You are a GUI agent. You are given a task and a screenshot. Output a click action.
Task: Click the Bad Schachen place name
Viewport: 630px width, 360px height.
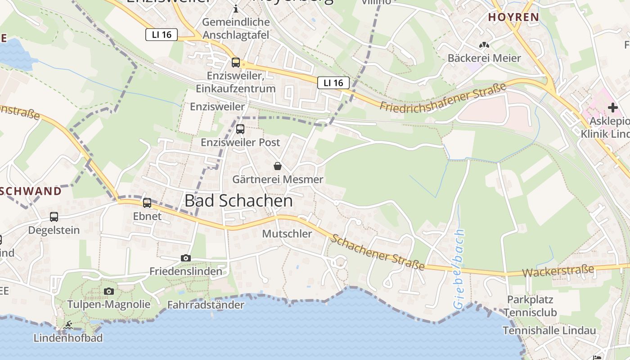[238, 201]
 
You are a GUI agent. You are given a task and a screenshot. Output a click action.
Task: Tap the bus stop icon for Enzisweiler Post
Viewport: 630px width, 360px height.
[240, 129]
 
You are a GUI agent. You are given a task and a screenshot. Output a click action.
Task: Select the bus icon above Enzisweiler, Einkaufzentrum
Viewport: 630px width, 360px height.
[236, 63]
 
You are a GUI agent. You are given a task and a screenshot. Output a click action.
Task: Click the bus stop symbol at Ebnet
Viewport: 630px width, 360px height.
[147, 203]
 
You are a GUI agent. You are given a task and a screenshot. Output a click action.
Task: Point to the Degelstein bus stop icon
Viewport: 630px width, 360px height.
[54, 217]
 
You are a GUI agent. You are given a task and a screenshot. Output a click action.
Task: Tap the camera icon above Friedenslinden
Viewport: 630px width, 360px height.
[185, 258]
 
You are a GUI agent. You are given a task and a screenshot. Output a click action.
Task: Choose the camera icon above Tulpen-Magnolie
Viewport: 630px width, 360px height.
[109, 291]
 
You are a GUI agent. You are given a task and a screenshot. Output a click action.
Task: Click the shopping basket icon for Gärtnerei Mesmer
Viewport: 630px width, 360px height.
[278, 166]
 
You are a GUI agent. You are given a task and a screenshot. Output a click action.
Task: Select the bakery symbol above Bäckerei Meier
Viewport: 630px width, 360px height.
[484, 45]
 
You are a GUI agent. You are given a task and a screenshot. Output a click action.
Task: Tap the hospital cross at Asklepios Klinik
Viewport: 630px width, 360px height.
[612, 108]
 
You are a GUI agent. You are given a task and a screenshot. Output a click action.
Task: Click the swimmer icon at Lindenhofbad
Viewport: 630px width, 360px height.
[68, 325]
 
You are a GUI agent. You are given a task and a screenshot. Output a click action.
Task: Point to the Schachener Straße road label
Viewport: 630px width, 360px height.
[378, 252]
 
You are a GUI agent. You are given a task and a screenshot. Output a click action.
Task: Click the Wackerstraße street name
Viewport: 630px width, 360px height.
[558, 271]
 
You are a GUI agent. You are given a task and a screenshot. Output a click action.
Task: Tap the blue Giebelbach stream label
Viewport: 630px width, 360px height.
[459, 269]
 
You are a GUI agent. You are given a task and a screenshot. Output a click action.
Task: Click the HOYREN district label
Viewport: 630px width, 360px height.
[513, 17]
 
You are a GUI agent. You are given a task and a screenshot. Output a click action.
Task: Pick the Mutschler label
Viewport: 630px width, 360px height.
[287, 234]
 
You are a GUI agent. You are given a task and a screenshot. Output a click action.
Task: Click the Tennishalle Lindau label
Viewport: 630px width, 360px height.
[549, 330]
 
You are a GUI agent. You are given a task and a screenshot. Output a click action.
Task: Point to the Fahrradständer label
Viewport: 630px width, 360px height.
[206, 305]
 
